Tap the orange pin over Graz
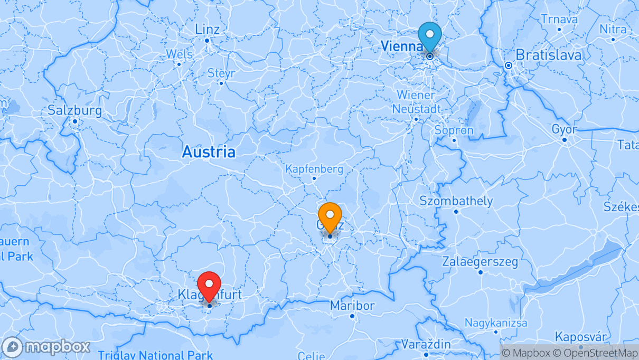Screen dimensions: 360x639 (x=330, y=216)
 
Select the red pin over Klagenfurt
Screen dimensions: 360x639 (x=210, y=285)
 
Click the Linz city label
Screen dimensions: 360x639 (x=207, y=29)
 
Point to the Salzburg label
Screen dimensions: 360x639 (x=74, y=111)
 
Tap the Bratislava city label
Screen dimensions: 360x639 (x=548, y=55)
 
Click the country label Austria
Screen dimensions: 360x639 (x=209, y=153)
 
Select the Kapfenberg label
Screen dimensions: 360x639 (x=314, y=169)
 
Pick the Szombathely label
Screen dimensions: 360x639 (x=456, y=201)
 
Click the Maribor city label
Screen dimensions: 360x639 (x=352, y=306)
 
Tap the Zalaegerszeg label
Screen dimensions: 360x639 (x=480, y=262)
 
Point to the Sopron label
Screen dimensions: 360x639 (x=454, y=130)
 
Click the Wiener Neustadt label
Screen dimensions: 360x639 (x=416, y=102)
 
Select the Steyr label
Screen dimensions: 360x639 (x=221, y=73)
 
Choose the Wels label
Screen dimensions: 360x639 (x=179, y=54)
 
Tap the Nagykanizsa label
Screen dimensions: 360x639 (x=496, y=323)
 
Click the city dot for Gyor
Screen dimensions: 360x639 (x=565, y=140)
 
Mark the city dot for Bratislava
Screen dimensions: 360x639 (x=508, y=66)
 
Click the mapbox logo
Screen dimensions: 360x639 (x=46, y=347)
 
